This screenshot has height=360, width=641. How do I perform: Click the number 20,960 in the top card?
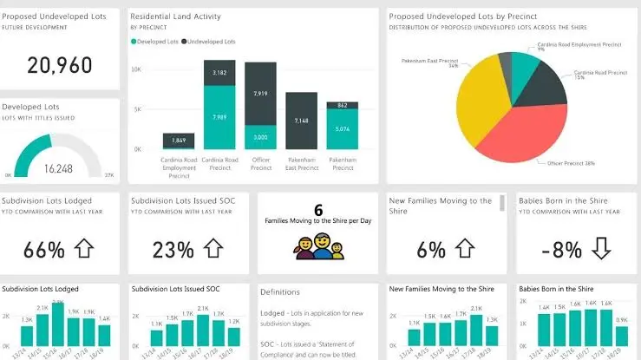point(59,64)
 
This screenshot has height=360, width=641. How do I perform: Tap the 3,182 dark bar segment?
point(219,73)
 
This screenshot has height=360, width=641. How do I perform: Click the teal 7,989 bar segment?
point(219,117)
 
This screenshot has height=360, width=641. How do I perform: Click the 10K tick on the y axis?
point(136,68)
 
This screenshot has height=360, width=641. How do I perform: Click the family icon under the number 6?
point(317,248)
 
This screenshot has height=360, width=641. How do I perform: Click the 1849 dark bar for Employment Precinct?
point(179,141)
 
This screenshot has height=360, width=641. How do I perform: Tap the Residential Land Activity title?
point(175,16)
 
